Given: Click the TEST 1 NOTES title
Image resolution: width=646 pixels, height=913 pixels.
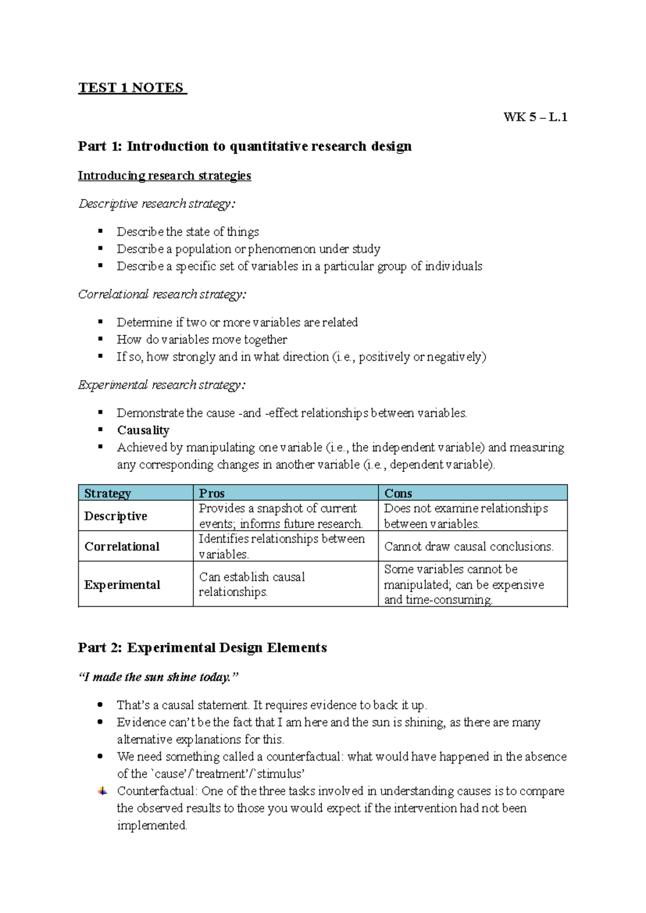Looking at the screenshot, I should (132, 88).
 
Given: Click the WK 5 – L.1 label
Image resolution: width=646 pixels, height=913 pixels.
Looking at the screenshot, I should (535, 117).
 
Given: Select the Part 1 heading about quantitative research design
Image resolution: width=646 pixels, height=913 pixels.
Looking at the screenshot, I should (244, 146).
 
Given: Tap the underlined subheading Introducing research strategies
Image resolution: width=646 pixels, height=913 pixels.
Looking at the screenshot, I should (164, 175).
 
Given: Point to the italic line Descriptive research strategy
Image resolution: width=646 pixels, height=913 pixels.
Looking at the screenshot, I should (157, 203).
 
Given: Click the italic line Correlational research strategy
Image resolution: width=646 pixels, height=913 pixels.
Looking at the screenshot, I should (162, 294).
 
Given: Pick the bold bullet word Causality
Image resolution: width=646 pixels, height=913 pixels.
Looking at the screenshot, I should (143, 430).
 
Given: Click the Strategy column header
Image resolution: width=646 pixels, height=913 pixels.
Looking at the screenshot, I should (108, 493).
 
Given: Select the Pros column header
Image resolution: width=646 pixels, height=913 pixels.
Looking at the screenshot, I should (212, 493).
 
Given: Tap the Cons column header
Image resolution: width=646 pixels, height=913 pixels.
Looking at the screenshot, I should (398, 493).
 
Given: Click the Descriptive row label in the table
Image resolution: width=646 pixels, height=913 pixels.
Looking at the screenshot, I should (116, 516).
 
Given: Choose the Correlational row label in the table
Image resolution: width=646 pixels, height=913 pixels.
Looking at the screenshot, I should (122, 546).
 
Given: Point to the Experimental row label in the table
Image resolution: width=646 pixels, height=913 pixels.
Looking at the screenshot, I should (122, 585).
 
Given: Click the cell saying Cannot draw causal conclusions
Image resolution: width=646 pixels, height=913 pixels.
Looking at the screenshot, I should (468, 546).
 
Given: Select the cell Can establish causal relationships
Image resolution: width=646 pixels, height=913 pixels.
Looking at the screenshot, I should (252, 584).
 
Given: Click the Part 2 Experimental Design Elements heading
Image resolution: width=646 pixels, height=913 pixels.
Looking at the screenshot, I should (202, 648).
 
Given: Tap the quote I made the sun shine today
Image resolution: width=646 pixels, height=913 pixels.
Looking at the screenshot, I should (158, 677).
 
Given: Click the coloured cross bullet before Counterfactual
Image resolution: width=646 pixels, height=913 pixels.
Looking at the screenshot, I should (102, 791).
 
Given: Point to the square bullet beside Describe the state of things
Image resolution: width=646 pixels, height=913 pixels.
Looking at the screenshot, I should (100, 231).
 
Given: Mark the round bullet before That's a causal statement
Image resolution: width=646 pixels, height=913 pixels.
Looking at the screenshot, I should (100, 705).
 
